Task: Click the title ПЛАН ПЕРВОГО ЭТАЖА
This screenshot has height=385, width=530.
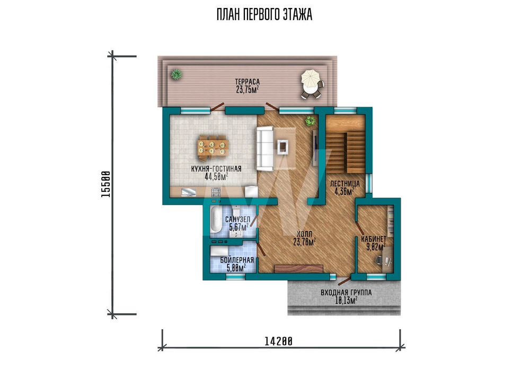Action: click(264, 15)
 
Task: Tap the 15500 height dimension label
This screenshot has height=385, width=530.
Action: click(105, 184)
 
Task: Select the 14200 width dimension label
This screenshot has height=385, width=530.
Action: click(278, 341)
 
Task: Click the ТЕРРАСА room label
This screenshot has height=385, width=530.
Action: click(248, 82)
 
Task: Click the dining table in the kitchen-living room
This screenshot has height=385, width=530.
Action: click(213, 147)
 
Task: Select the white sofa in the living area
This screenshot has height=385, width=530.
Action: click(264, 149)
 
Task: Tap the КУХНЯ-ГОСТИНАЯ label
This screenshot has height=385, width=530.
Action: click(216, 169)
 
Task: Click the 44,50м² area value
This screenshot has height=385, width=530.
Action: click(216, 176)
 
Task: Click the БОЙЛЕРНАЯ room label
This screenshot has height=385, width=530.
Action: click(237, 260)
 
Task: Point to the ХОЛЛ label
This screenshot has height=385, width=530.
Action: click(305, 234)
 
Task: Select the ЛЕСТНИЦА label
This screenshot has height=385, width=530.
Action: click(345, 184)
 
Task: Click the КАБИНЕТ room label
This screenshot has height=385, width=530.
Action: click(374, 239)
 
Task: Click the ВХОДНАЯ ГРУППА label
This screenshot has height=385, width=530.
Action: click(346, 293)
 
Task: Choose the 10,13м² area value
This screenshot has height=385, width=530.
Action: click(346, 301)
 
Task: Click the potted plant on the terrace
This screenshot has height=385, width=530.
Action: click(176, 74)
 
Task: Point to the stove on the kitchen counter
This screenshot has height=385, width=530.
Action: click(216, 193)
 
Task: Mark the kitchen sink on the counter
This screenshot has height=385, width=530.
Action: click(189, 193)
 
